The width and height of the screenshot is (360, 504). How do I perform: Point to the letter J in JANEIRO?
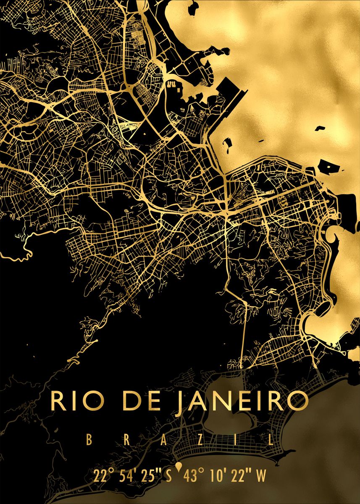[179, 402]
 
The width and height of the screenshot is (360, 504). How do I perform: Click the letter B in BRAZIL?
[89, 440]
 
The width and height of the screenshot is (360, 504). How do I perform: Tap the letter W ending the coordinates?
[261, 477]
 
